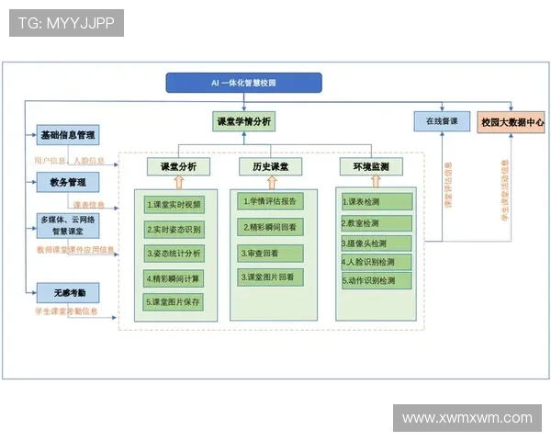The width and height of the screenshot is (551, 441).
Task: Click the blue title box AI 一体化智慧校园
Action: (x=243, y=83)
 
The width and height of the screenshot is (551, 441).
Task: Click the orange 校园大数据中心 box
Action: (x=512, y=121)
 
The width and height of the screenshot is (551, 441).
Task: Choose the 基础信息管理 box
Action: (x=68, y=135)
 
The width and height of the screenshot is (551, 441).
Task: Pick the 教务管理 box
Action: (x=68, y=182)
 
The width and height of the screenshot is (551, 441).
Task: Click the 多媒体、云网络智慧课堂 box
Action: (x=68, y=225)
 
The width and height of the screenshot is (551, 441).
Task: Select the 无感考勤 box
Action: (x=68, y=293)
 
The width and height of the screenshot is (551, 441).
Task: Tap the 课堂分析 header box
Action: (x=178, y=166)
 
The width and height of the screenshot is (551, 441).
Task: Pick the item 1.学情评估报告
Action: (x=271, y=201)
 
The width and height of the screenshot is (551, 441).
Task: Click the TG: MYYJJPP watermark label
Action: (x=66, y=23)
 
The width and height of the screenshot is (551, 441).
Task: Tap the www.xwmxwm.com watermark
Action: (x=467, y=418)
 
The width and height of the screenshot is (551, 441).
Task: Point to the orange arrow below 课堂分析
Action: (x=178, y=182)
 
